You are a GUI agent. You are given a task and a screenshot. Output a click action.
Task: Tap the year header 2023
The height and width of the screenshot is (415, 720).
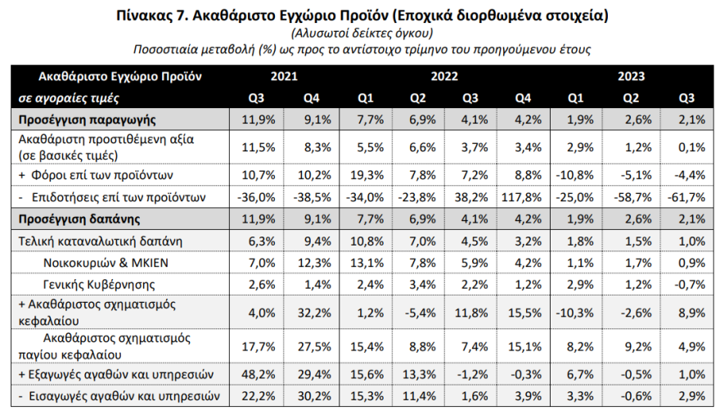(x=631, y=77)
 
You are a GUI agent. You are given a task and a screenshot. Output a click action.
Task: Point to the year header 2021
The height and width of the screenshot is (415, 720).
(x=283, y=77)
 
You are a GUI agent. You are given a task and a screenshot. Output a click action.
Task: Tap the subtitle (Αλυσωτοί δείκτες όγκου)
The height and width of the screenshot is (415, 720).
(x=361, y=32)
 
